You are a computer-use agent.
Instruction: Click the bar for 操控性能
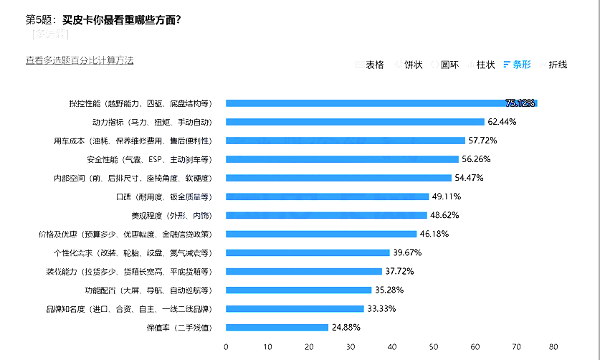(380, 103)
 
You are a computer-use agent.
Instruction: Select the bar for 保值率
(277, 328)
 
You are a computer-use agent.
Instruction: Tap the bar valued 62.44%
(355, 122)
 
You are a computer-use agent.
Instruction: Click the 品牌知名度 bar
(295, 309)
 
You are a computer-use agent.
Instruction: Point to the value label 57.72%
(482, 141)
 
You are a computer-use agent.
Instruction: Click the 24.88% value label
(345, 328)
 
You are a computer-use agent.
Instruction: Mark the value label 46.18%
(434, 234)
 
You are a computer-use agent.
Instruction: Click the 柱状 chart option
(485, 65)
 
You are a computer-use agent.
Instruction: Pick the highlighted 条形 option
(521, 65)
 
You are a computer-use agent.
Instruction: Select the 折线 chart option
(558, 65)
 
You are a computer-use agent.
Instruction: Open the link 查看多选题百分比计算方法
(80, 60)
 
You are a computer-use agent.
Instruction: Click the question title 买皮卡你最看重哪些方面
(121, 19)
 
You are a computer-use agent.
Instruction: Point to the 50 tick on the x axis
(433, 347)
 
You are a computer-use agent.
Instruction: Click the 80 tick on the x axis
(553, 347)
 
